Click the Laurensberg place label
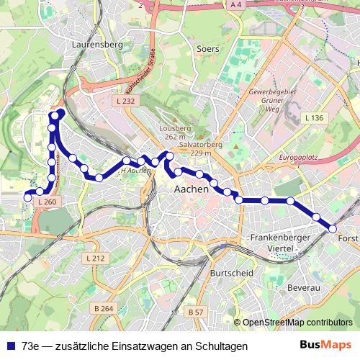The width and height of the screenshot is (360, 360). pyautogui.click(x=99, y=45)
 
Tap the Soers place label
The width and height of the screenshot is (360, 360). pyautogui.click(x=207, y=49)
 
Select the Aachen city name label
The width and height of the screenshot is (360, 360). pyautogui.click(x=192, y=189)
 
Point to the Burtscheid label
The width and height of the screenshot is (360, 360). pyautogui.click(x=231, y=274)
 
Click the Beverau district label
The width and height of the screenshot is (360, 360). pyautogui.click(x=302, y=287)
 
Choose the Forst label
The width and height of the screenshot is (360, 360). pyautogui.click(x=347, y=238)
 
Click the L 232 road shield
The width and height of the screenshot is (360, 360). pyautogui.click(x=125, y=102)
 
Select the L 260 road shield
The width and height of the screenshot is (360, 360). pyautogui.click(x=45, y=203)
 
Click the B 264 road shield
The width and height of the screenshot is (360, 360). pyautogui.click(x=103, y=309)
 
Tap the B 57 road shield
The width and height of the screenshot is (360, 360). pyautogui.click(x=195, y=312)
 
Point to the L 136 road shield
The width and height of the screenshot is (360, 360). pyautogui.click(x=314, y=117)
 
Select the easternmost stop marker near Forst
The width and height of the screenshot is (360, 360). pyautogui.click(x=333, y=228)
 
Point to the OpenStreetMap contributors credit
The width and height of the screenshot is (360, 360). pyautogui.click(x=297, y=323)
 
